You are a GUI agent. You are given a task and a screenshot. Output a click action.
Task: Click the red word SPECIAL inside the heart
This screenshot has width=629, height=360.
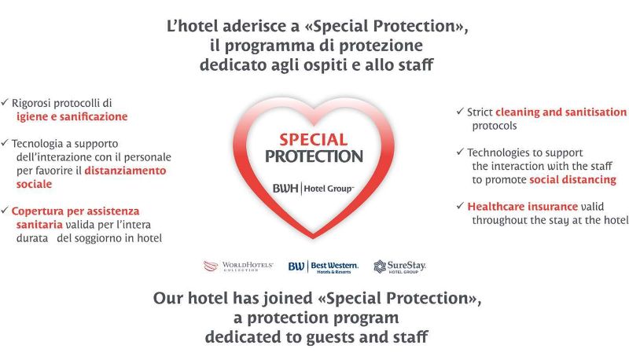click(313, 140)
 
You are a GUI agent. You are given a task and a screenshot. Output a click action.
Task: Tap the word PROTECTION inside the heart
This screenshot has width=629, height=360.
click(314, 156)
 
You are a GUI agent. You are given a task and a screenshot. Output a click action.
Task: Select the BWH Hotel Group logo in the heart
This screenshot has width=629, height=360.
click(313, 189)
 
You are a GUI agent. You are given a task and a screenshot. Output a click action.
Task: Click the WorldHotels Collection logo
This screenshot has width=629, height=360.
click(238, 266)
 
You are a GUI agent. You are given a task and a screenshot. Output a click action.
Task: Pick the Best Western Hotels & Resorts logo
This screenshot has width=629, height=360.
click(323, 267)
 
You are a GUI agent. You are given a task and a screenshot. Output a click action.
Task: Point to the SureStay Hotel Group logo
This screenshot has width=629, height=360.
click(399, 266)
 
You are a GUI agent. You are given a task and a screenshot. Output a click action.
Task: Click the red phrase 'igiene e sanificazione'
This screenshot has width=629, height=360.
click(72, 116)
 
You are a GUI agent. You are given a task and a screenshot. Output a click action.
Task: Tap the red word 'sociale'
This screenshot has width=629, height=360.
click(34, 184)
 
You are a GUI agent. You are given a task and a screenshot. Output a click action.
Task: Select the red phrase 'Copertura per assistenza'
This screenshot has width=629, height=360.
click(75, 211)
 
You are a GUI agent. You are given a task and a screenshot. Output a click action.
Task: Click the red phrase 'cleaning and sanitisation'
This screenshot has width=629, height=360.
click(561, 112)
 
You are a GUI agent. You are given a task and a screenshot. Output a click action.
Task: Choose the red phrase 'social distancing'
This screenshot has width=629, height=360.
click(572, 179)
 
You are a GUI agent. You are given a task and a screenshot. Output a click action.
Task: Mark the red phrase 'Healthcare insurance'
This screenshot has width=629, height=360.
click(522, 207)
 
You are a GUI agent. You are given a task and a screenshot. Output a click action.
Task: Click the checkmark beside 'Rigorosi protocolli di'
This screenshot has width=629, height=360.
click(5, 103)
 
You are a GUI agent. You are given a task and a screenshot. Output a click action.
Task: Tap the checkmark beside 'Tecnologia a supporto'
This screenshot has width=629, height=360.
click(5, 143)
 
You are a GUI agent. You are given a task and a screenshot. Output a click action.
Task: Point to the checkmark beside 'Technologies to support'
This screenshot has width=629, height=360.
click(460, 152)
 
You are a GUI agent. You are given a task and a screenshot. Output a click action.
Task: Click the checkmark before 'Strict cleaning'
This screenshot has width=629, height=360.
click(460, 111)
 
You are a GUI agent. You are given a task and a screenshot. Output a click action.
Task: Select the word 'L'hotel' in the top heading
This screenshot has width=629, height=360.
click(192, 27)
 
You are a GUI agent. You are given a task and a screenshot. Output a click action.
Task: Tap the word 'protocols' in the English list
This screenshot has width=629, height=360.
click(495, 127)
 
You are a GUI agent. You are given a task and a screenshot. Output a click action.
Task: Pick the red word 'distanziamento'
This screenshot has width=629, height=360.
click(125, 171)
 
